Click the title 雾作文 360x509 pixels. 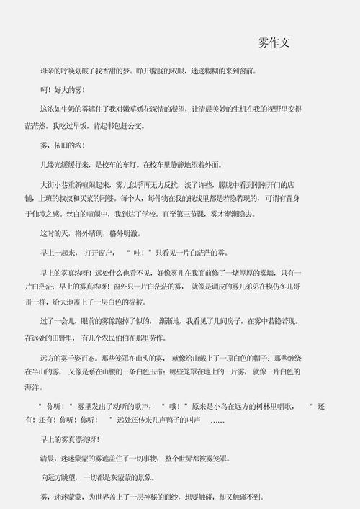274,43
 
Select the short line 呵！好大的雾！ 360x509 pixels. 63,89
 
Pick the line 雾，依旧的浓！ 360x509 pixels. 63,145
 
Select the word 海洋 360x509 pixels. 32,387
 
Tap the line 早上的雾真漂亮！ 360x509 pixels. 70,439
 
